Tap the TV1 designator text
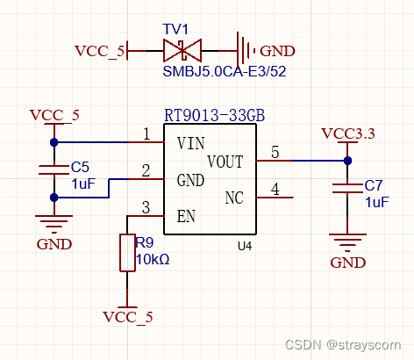click(175, 28)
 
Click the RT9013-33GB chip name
click(215, 116)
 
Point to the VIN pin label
click(191, 142)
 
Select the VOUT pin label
click(225, 161)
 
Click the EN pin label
click(185, 215)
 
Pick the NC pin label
click(234, 198)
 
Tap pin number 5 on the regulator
click(275, 153)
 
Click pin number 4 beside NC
click(275, 189)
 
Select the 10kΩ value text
click(153, 260)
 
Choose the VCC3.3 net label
click(347, 133)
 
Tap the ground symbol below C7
click(347, 240)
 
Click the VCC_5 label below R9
click(127, 316)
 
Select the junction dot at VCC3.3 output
click(347, 161)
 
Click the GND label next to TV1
click(278, 51)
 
